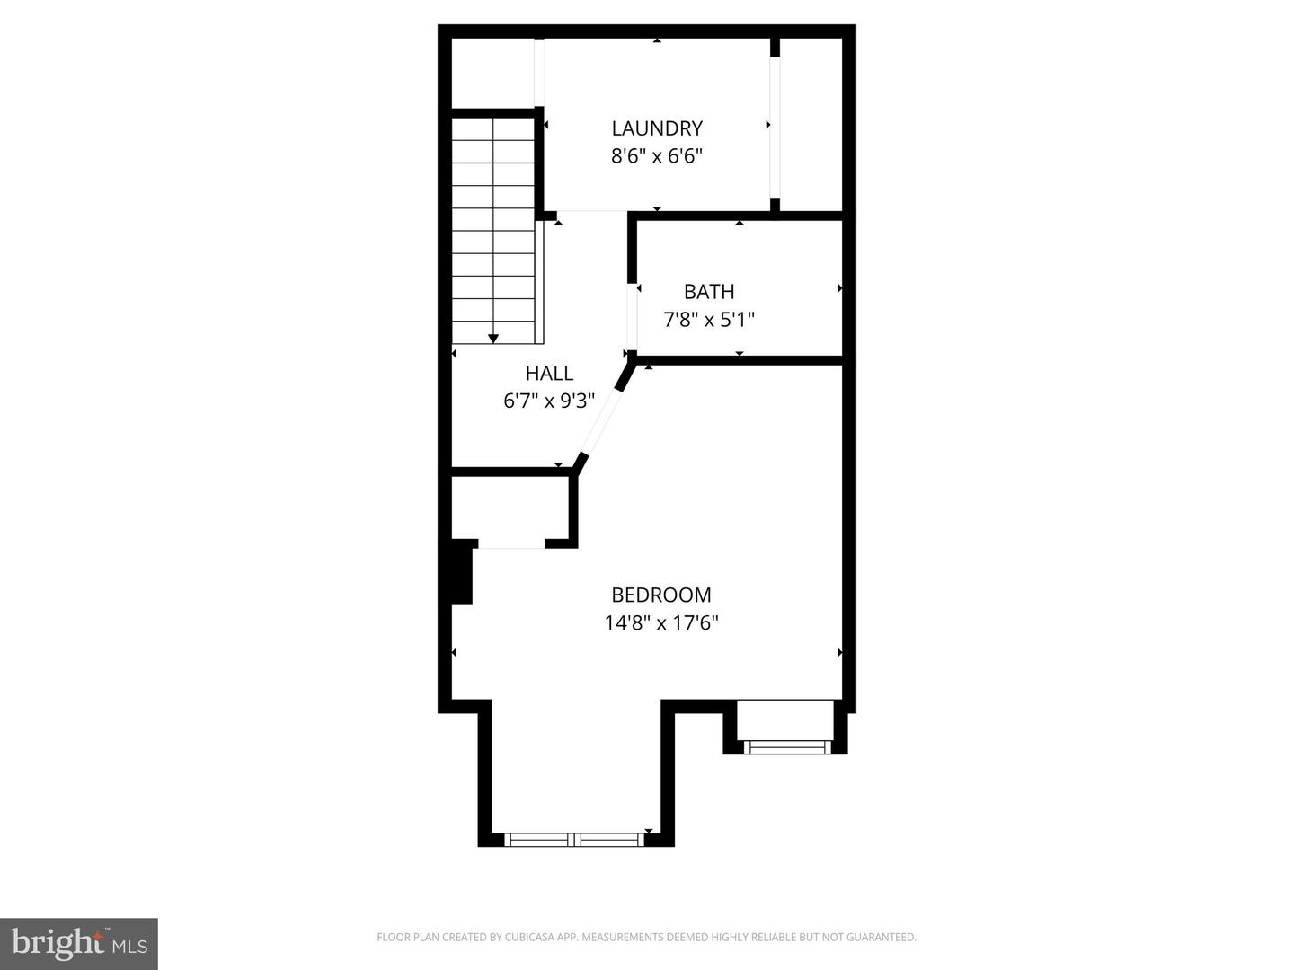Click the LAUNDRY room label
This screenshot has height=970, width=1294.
click(x=657, y=128)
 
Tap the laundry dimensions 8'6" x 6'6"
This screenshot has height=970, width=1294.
click(x=657, y=156)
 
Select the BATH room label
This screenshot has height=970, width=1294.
click(x=709, y=292)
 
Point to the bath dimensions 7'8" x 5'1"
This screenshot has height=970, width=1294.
click(x=709, y=320)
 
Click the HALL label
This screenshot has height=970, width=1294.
click(x=549, y=374)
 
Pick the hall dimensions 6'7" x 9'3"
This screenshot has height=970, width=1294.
click(x=549, y=401)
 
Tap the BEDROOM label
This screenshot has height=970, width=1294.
click(x=661, y=595)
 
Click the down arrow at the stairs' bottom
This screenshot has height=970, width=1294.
click(x=493, y=338)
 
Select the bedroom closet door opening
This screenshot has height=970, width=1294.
click(x=511, y=544)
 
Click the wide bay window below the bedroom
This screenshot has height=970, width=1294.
click(x=575, y=840)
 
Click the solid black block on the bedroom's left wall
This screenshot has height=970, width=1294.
click(x=462, y=572)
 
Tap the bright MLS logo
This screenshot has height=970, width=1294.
click(x=79, y=943)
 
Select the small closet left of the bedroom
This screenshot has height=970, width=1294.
click(x=510, y=508)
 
